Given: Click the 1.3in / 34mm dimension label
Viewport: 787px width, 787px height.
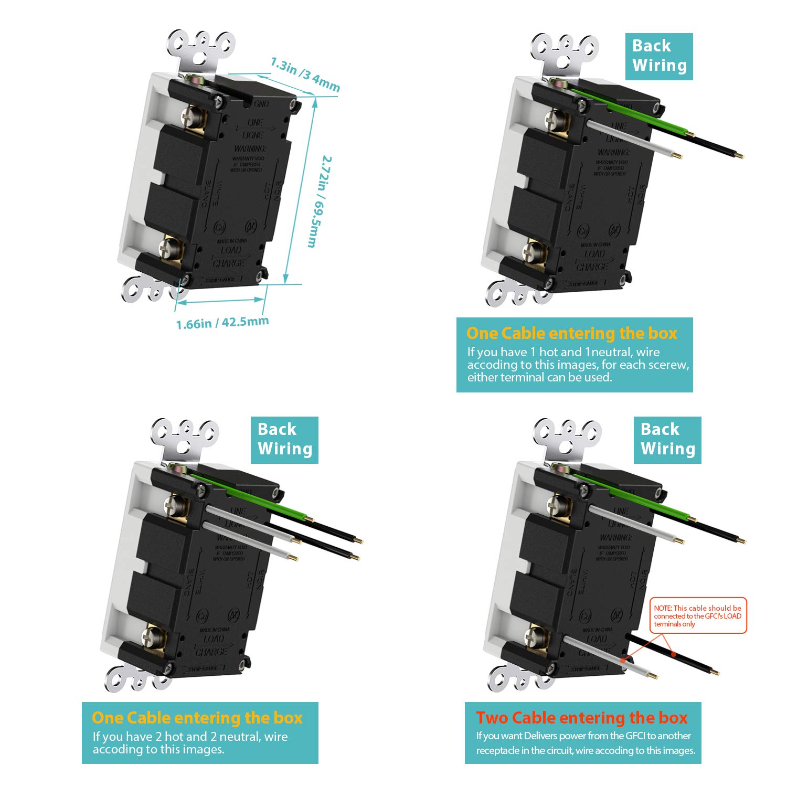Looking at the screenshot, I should tap(305, 74).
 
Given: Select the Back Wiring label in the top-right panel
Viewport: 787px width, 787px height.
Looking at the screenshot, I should tap(659, 56).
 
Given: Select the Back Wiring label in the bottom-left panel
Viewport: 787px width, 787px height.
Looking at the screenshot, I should tap(284, 440).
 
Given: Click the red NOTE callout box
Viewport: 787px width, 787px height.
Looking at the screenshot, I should tap(698, 615).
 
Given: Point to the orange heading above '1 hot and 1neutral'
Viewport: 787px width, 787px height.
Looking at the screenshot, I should tap(571, 333).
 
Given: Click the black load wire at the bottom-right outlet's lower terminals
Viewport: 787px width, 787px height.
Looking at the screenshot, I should tap(672, 654).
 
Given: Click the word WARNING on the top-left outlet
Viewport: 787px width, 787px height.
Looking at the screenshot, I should tap(250, 149).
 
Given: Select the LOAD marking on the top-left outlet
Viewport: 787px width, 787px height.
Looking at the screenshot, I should tap(231, 250).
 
